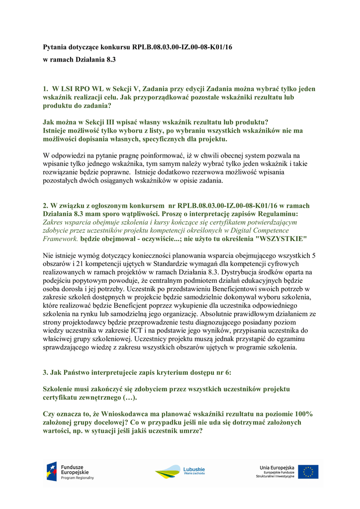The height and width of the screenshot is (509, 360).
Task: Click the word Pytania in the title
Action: pos(55,48)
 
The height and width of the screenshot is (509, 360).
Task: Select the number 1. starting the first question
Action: pos(46,89)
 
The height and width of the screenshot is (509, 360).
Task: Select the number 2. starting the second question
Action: pos(46,206)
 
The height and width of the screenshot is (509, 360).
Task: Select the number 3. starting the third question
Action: pos(46,372)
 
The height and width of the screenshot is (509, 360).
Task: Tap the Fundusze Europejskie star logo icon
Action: pos(52,471)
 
